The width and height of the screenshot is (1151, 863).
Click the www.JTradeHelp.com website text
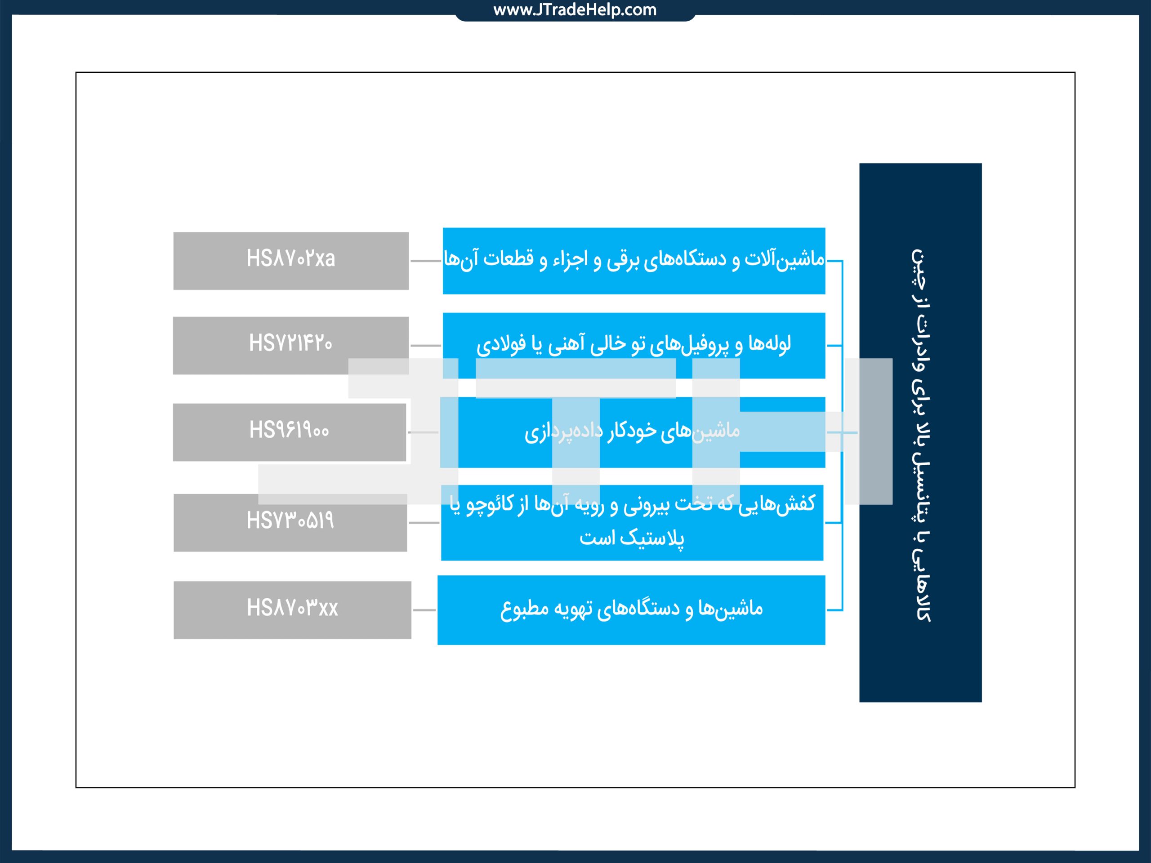pos(575,10)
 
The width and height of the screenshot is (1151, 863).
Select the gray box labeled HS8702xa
pos(291,261)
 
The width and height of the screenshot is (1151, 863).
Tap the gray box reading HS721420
pos(291,345)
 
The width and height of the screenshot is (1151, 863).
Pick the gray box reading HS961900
pos(289,432)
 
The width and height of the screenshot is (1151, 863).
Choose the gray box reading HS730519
pos(290,522)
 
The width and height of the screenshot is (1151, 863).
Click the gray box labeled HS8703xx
pos(292,609)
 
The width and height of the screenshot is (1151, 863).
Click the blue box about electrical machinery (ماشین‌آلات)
pos(634,261)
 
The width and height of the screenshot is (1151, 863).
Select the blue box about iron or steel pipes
pos(634,345)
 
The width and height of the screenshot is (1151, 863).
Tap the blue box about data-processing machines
pos(633,432)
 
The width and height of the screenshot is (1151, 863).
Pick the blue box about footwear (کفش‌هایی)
pos(632,522)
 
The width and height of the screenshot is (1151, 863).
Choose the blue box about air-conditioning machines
pos(631,609)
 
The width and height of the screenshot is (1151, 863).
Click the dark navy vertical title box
pos(920,432)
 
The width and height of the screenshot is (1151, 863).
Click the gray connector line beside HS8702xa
pos(426,261)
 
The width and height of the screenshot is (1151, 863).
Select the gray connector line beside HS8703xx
pos(424,609)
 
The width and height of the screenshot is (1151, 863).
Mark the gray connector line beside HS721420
pos(426,345)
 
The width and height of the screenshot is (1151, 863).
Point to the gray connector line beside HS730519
pos(424,522)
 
